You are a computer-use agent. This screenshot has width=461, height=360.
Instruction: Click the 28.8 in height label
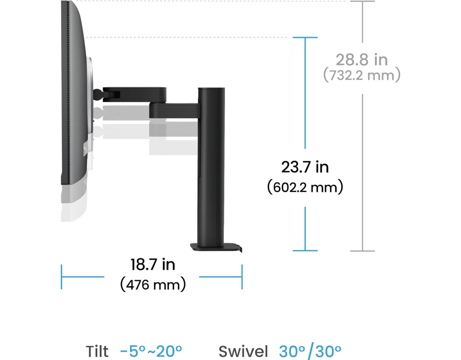pos(362,60)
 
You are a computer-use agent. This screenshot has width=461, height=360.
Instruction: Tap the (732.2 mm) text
pos(362,75)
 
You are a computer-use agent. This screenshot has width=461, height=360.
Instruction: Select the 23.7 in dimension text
pos(305,167)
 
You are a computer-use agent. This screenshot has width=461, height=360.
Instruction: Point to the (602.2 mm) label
pos(305,187)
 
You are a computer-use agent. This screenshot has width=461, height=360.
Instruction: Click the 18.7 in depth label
pos(153,264)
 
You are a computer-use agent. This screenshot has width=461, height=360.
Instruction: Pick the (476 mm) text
pos(153,284)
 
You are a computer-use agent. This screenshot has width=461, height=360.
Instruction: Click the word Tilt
pos(97,351)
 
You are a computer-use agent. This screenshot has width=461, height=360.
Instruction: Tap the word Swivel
pos(243,351)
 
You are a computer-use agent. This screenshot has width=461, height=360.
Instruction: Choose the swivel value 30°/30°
pos(310,351)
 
